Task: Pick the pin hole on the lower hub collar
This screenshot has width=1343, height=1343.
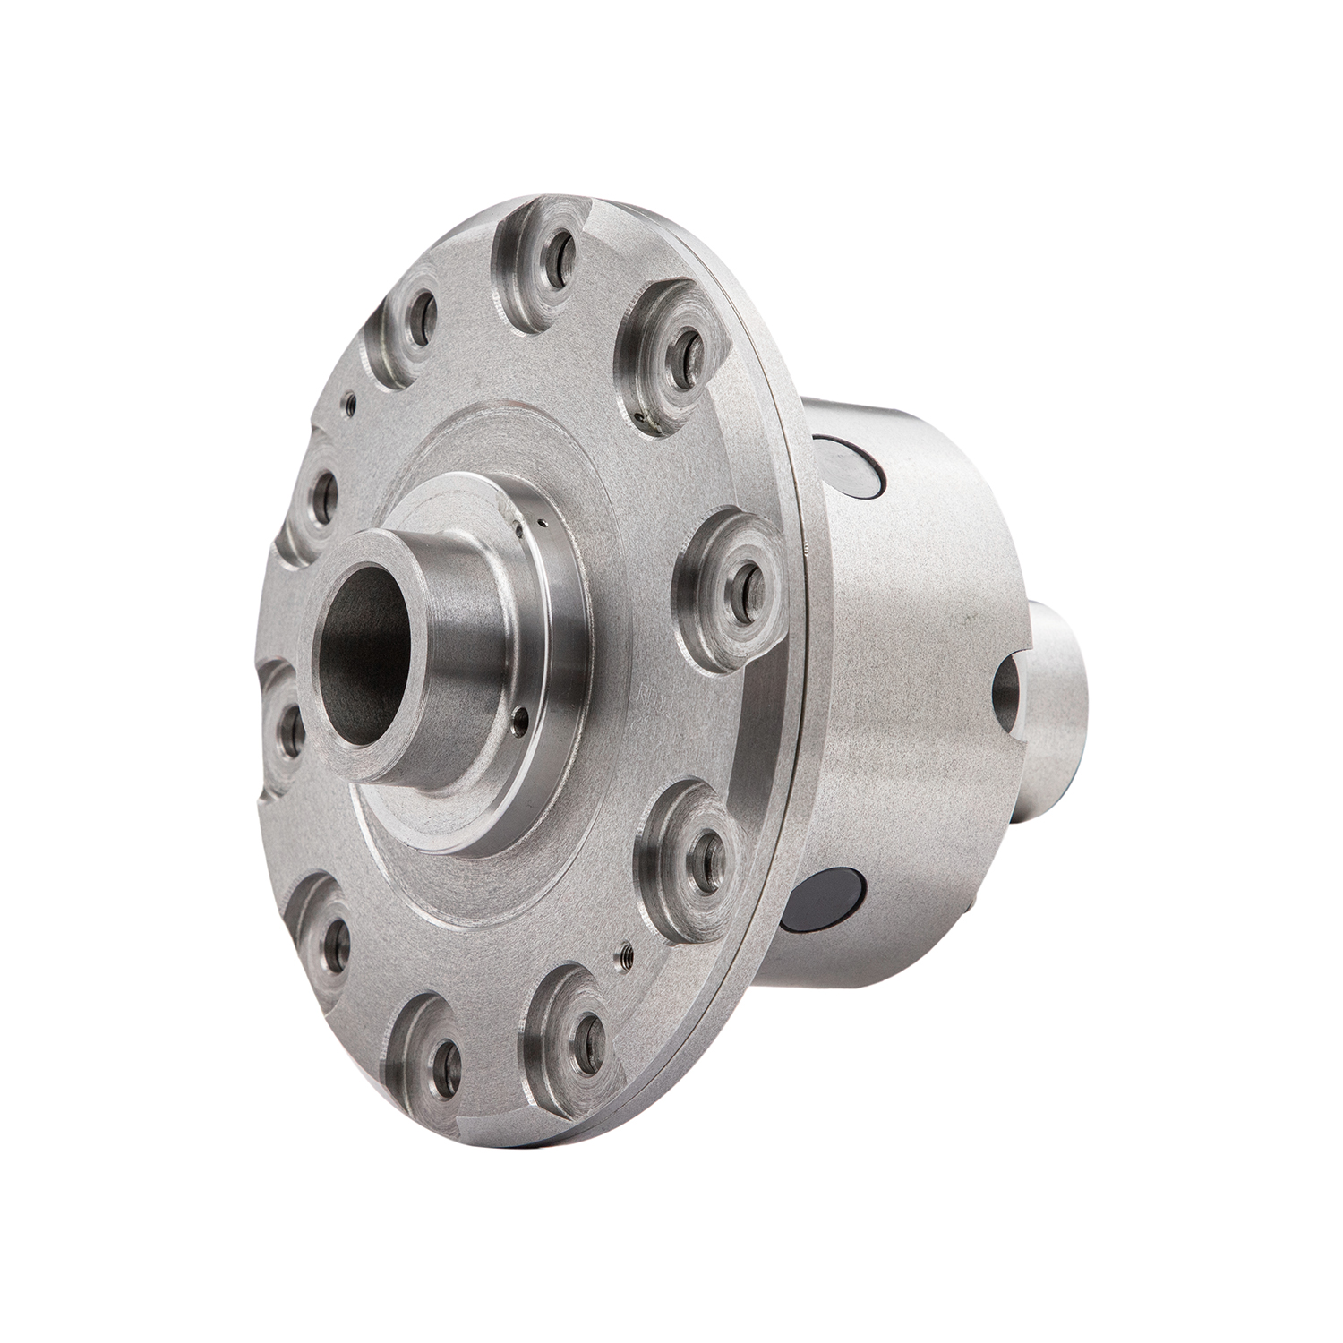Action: [520, 716]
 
